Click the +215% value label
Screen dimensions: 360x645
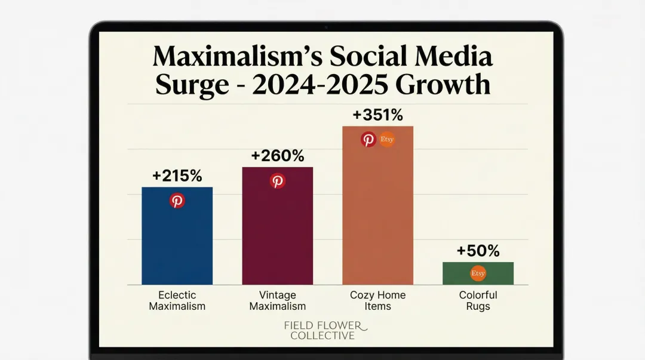(177, 176)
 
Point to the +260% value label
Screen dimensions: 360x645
(277, 156)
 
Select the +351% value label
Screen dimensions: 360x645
(377, 115)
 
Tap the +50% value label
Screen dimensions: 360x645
(478, 251)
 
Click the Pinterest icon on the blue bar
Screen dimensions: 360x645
(177, 201)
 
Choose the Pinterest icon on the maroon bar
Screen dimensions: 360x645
(278, 181)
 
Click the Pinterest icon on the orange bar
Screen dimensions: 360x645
(369, 140)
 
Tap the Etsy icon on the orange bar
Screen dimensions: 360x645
(387, 140)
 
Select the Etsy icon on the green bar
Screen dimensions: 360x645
(478, 273)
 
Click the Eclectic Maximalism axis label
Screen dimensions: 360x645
(177, 301)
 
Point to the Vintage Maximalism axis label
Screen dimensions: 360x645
(277, 301)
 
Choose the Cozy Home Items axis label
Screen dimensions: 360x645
(377, 301)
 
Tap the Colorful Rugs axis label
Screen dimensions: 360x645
(478, 301)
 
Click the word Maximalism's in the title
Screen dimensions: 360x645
(237, 57)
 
